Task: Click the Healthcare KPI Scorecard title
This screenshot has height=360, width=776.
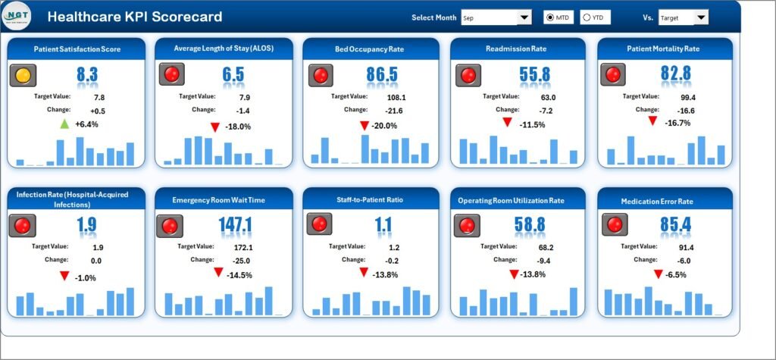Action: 134,17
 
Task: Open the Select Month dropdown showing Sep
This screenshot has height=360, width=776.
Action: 524,17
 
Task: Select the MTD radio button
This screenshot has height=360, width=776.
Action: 549,17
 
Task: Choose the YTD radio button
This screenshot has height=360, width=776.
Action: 586,17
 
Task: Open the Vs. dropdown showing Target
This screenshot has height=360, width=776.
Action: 700,17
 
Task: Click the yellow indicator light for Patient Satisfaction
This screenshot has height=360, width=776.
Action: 23,75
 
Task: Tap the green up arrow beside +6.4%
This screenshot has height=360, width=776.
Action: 64,124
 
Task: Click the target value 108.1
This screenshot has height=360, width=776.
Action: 396,97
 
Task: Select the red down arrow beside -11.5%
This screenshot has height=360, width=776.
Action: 508,124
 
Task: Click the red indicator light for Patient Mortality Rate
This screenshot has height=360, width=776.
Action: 613,74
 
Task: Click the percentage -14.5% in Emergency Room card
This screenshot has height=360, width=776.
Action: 242,275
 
